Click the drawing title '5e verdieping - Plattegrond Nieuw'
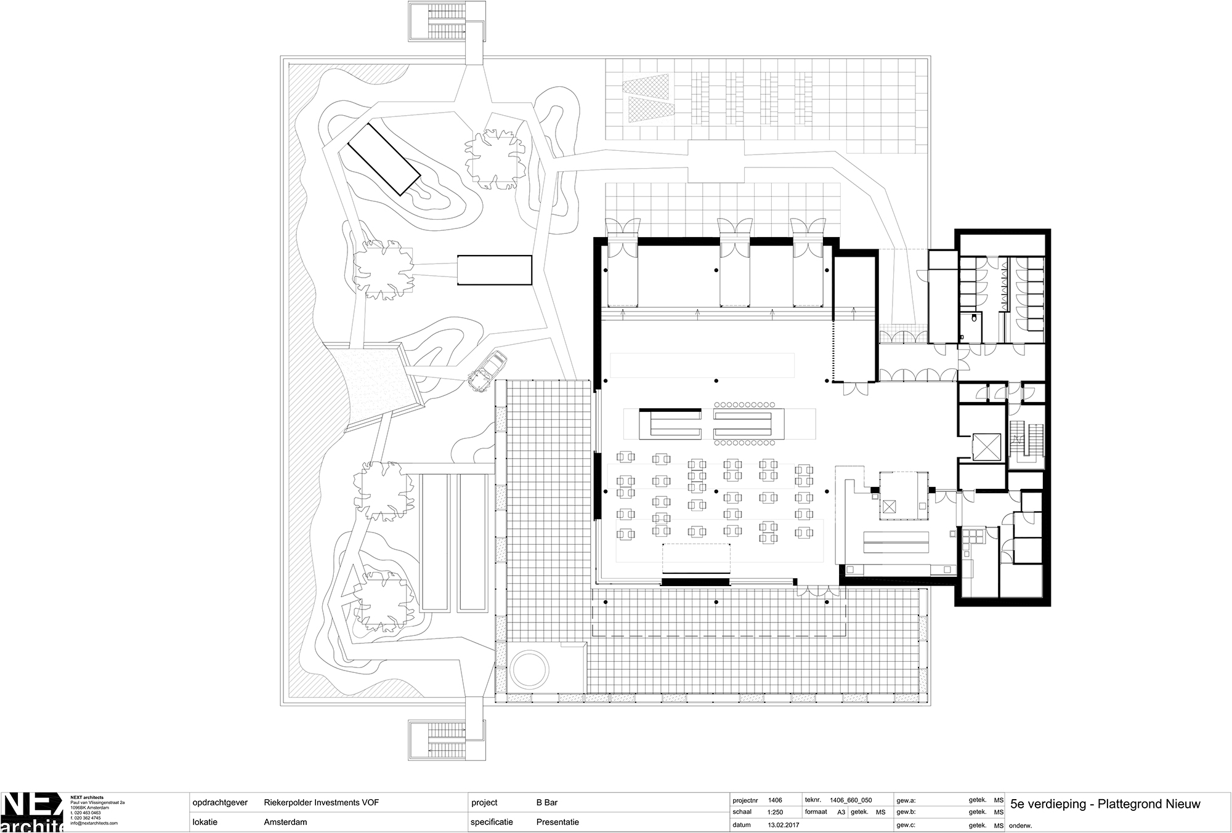point(1105,804)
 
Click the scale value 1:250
point(777,812)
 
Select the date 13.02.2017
point(782,825)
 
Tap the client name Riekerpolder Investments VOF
point(321,803)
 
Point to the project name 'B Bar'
point(547,803)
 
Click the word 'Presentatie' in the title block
point(557,822)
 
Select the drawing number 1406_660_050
point(851,800)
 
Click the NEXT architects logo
point(31,813)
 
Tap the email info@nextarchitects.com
point(94,823)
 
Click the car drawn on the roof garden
point(485,371)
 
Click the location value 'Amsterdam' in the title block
point(285,822)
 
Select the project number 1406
point(774,800)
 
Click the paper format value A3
point(841,812)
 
